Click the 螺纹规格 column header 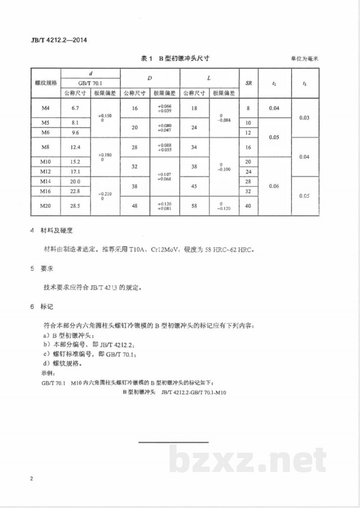pos(46,83)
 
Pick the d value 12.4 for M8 pos(75,147)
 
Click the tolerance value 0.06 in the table pos(274,186)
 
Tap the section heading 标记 pos(47,307)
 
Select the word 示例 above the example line pos(47,373)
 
